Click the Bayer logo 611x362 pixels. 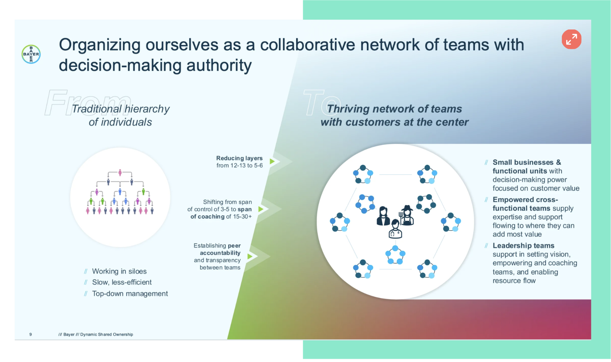coord(31,54)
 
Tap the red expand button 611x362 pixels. coord(571,39)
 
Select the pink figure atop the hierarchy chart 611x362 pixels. coord(120,172)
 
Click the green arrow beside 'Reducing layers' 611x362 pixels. coord(272,161)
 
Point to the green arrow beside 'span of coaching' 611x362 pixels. coord(260,209)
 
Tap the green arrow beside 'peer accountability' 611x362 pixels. coord(250,256)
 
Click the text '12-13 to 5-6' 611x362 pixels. coord(247,166)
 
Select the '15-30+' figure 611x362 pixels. coord(242,217)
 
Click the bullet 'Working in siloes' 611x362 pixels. coord(119,271)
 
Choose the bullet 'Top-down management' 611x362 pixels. coord(130,294)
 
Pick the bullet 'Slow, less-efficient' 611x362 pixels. coord(122,282)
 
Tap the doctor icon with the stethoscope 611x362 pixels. coord(395,229)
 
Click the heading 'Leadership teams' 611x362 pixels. coord(523,246)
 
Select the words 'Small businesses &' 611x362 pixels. coord(526,162)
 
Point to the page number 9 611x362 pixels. coord(31,334)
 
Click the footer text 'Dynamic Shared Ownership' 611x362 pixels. coord(106,334)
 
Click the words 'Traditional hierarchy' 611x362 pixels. coord(120,109)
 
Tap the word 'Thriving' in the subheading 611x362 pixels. coord(348,109)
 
